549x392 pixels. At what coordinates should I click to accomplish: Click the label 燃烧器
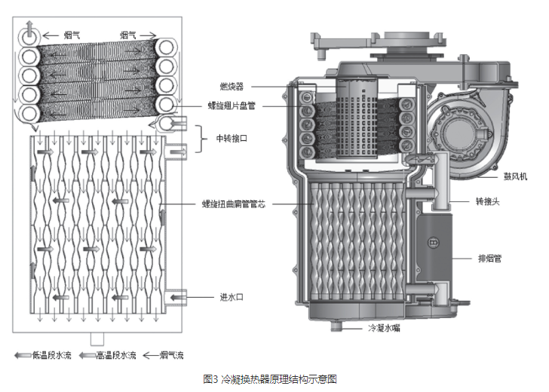pyautogui.click(x=231, y=87)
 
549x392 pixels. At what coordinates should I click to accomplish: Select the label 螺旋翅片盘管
pyautogui.click(x=231, y=106)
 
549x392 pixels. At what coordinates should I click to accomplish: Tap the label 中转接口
pyautogui.click(x=232, y=139)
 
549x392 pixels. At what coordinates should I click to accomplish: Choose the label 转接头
pyautogui.click(x=487, y=202)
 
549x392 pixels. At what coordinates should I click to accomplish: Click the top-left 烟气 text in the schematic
pyautogui.click(x=71, y=34)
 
